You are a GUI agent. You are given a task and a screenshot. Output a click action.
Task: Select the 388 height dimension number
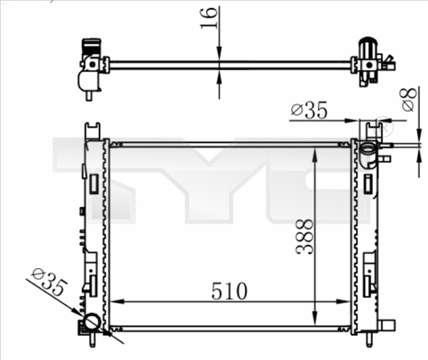(304, 237)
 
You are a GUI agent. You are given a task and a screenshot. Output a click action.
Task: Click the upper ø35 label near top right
(309, 112)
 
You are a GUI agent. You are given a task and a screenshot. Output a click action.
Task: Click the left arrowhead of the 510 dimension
(114, 303)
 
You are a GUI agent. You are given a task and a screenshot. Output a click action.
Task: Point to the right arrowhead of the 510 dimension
(348, 303)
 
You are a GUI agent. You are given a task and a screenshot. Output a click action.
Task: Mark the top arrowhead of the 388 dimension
(314, 152)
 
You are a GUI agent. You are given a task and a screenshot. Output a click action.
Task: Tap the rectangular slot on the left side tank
(93, 185)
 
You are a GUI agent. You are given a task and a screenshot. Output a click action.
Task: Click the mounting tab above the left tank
(91, 130)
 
